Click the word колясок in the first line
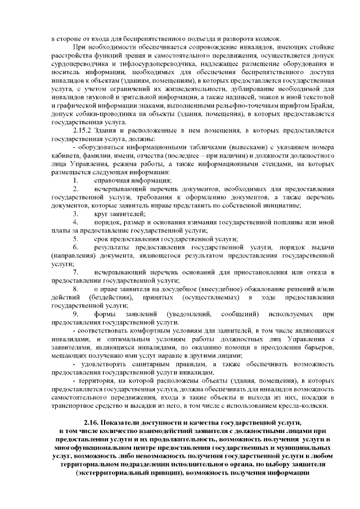[x=241, y=39]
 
